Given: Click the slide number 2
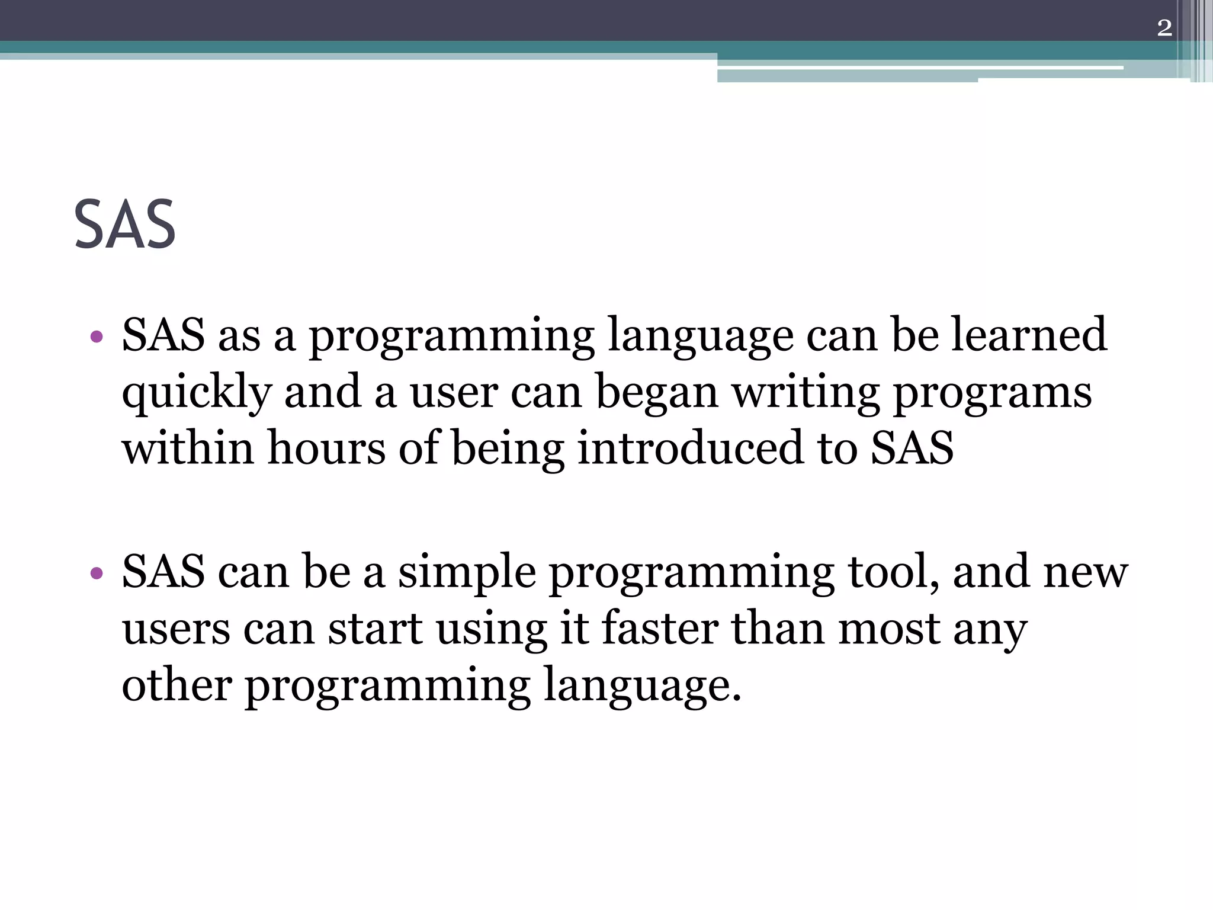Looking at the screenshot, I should pos(1164,28).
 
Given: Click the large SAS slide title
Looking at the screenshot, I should pos(125,225).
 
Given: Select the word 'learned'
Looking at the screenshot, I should pos(1029,335).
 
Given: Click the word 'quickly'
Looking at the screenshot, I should pos(197,392).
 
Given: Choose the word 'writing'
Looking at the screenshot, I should pos(806,392).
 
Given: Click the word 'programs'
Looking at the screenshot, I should pos(992,392).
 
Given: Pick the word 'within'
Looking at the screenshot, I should pos(188,447).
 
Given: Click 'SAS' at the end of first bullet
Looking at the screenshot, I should pos(912,447).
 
